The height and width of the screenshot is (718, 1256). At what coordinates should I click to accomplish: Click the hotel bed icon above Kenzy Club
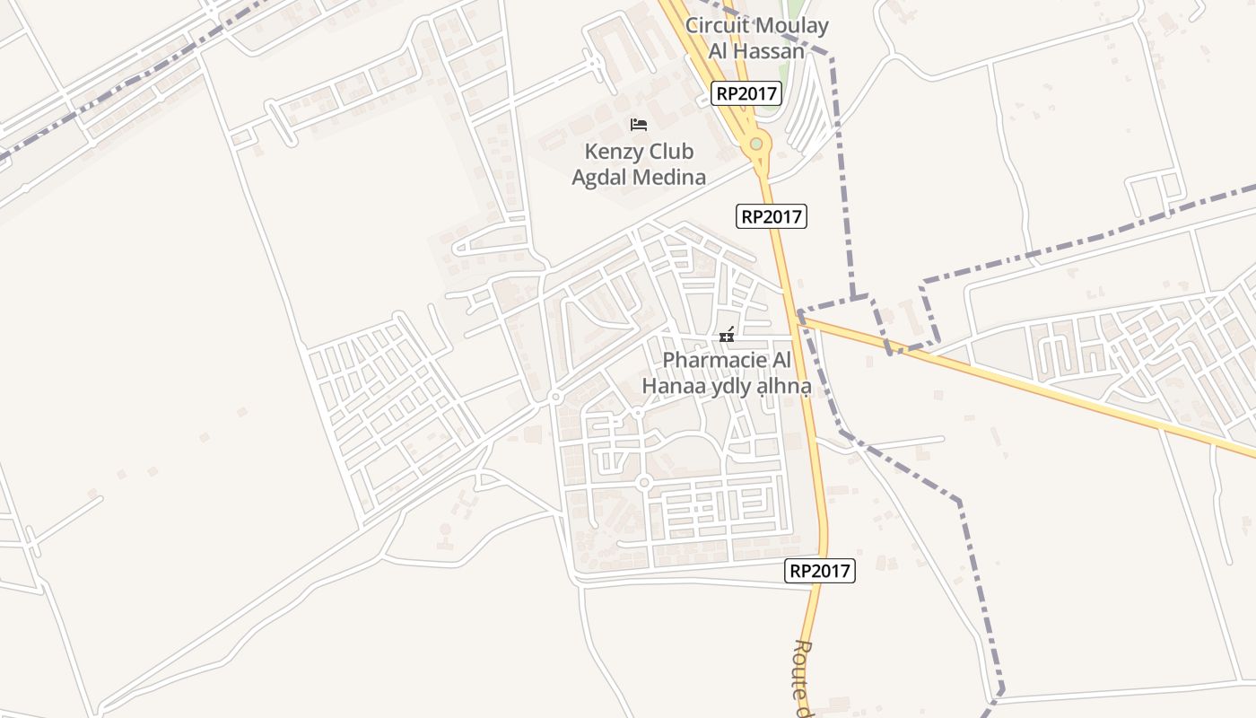click(639, 124)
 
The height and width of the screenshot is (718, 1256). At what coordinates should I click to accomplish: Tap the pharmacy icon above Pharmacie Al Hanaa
click(727, 336)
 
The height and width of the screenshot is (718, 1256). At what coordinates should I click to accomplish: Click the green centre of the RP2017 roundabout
click(756, 143)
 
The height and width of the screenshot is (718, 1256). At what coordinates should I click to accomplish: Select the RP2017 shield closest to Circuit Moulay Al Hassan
click(746, 93)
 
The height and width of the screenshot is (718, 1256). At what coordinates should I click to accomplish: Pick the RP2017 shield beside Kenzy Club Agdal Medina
click(772, 216)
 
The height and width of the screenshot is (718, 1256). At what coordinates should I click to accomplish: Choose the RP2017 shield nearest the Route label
click(820, 571)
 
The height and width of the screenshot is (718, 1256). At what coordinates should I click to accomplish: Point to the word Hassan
click(770, 51)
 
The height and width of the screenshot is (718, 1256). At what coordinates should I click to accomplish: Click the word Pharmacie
click(714, 360)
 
